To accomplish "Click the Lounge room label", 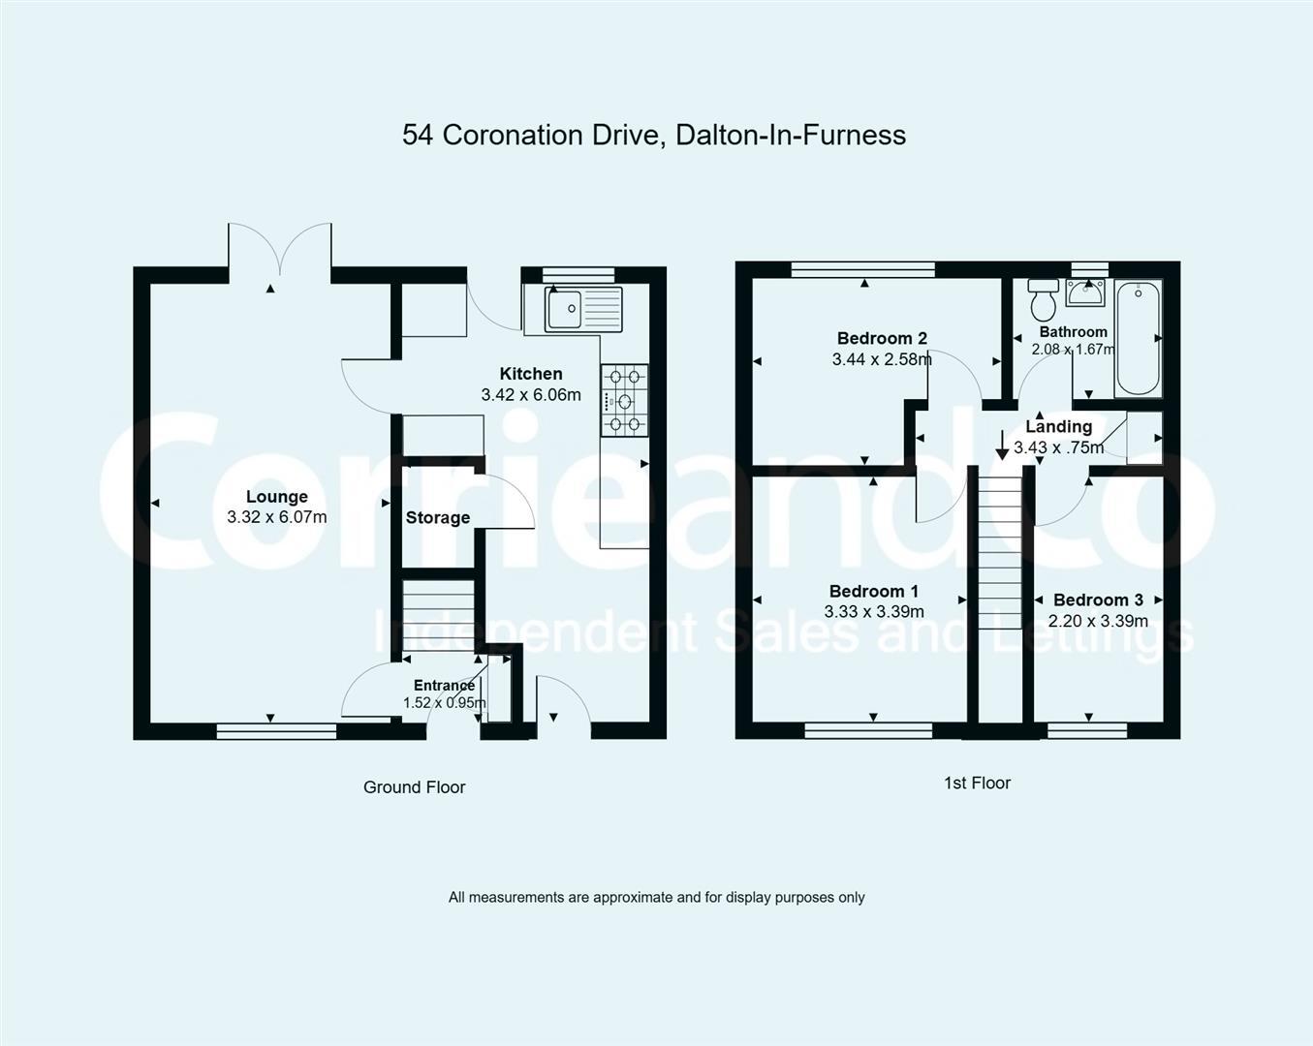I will tap(276, 497).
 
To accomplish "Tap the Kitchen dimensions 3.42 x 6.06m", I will tap(531, 395).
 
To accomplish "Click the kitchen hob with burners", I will tap(625, 400).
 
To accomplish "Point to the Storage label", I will tap(438, 518).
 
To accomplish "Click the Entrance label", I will tap(444, 686).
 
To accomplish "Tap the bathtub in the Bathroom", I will tap(1138, 338).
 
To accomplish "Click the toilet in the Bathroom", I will tap(1044, 300).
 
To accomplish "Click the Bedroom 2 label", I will tap(882, 338).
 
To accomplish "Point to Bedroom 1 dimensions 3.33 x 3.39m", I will tap(874, 612).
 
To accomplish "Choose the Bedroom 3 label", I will tap(1098, 600).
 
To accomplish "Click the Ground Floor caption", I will tap(414, 787).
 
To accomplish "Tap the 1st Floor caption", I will tap(977, 784).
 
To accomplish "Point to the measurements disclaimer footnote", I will tap(656, 898).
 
